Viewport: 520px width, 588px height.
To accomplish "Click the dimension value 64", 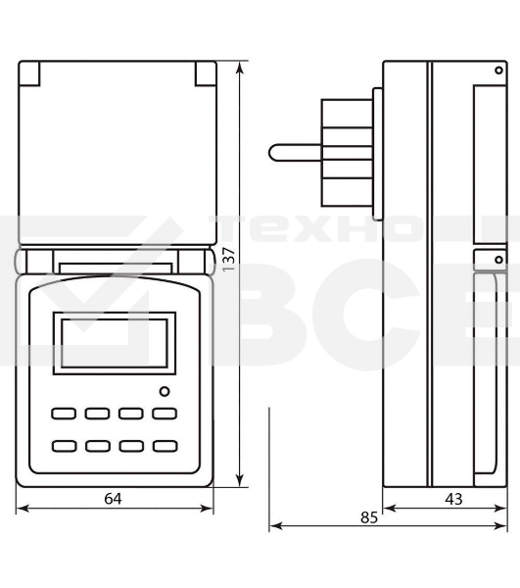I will click(113, 499).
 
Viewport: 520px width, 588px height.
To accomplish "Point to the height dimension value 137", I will click(229, 258).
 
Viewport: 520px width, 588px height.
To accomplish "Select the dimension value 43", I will click(453, 499).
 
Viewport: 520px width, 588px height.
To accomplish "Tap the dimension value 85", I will click(368, 516).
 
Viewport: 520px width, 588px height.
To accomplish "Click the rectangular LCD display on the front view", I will click(114, 343).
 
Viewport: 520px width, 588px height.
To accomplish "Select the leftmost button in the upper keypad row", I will click(65, 414).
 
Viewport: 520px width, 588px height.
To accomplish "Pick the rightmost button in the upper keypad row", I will click(164, 414).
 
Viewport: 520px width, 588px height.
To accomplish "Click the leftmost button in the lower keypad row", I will click(65, 446).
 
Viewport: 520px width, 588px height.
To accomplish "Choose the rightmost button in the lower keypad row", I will click(164, 446).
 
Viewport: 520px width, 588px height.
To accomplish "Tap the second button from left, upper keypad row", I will click(98, 414).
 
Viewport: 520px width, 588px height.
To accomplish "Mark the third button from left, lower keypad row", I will click(131, 446).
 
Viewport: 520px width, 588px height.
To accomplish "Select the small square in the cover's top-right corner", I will click(204, 73).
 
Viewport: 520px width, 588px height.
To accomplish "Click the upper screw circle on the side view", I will click(498, 72).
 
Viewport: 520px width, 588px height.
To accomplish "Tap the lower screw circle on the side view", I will click(498, 259).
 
